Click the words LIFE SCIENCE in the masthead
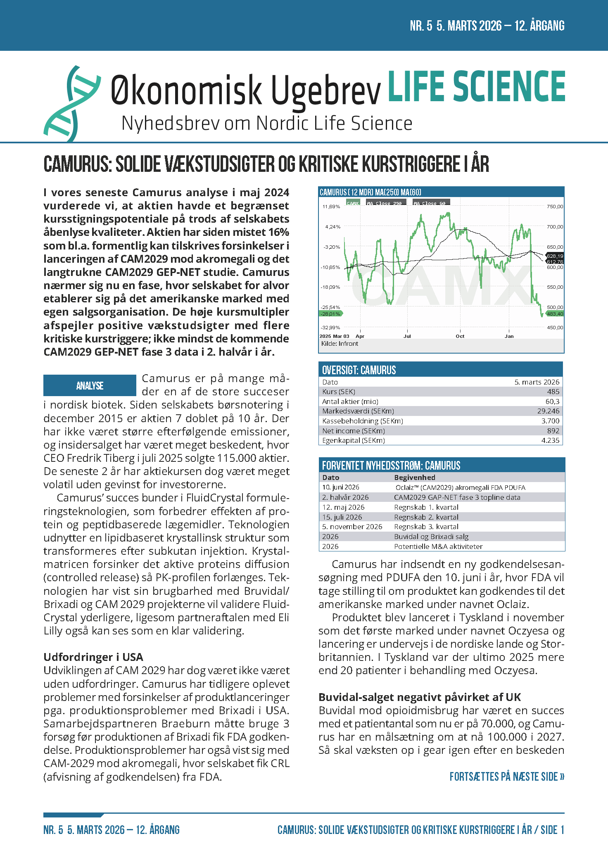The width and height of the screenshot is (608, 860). point(476,87)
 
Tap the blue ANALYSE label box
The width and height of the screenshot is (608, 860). point(90,385)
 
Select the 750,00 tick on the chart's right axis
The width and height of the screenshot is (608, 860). point(555,207)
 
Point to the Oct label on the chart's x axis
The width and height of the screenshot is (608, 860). point(460,336)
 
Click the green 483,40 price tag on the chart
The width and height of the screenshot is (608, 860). point(555,314)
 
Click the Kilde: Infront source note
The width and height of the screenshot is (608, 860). point(340,344)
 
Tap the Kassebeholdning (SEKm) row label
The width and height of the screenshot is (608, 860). point(363,421)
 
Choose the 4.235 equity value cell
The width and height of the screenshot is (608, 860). point(550,440)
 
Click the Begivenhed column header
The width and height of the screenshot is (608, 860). point(414,478)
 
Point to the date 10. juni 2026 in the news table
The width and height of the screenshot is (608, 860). point(341,487)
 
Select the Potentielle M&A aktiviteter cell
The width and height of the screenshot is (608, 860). point(438,546)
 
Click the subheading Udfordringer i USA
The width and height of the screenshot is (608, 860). point(93,657)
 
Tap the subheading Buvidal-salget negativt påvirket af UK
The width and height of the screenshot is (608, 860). point(420,697)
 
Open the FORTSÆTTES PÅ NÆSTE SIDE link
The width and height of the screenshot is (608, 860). point(507,777)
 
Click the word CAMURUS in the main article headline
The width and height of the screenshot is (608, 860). point(77,164)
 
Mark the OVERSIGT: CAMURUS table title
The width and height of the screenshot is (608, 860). point(359,370)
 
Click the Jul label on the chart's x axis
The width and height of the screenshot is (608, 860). point(407,336)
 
